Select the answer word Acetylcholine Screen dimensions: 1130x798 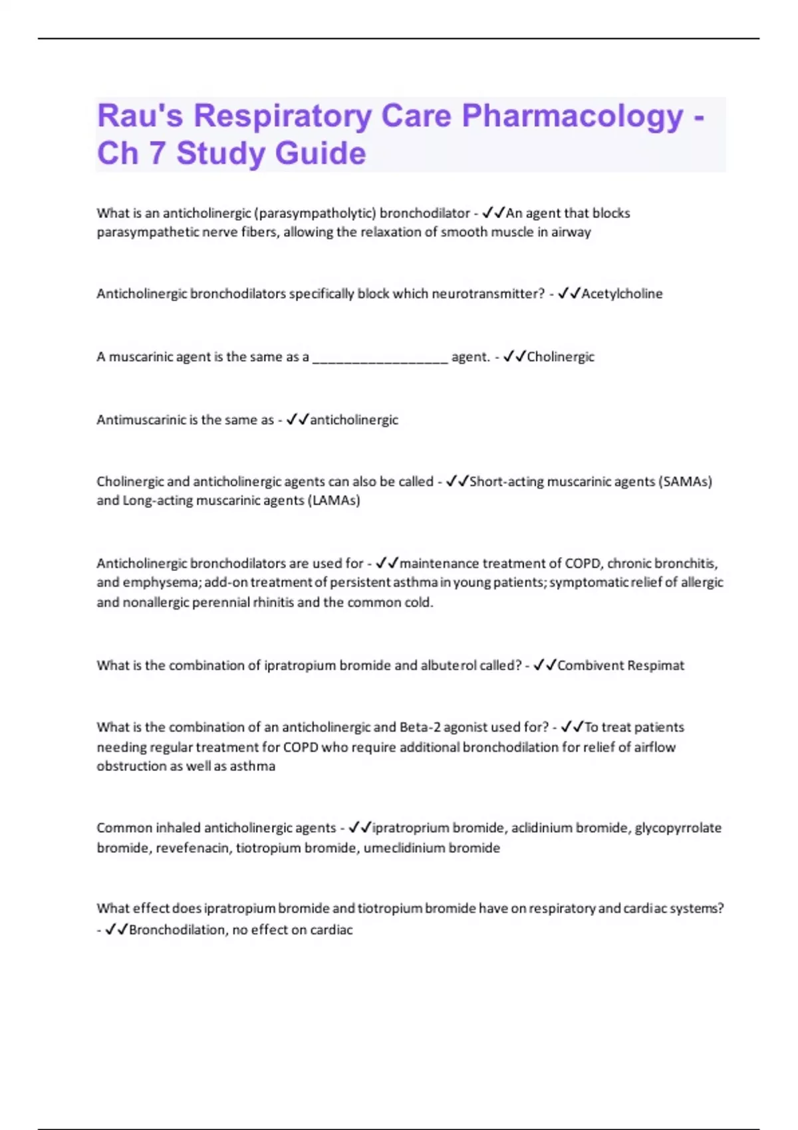[x=622, y=294]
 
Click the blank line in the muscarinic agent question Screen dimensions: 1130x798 [x=380, y=358]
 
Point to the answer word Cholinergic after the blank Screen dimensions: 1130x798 [x=561, y=357]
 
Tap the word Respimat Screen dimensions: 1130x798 [x=656, y=665]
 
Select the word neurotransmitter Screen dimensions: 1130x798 [x=488, y=294]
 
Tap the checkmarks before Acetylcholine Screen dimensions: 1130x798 [x=569, y=293]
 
